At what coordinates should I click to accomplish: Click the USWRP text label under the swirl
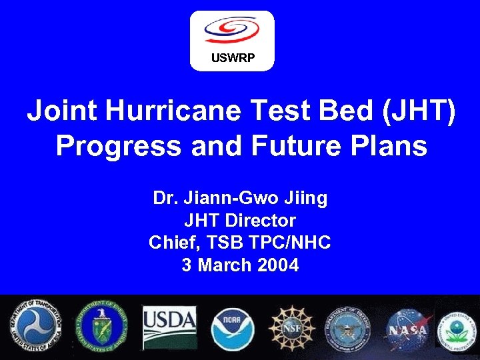coord(232,57)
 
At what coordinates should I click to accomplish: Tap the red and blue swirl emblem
coord(231,30)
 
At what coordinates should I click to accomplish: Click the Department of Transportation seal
coord(38,327)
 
